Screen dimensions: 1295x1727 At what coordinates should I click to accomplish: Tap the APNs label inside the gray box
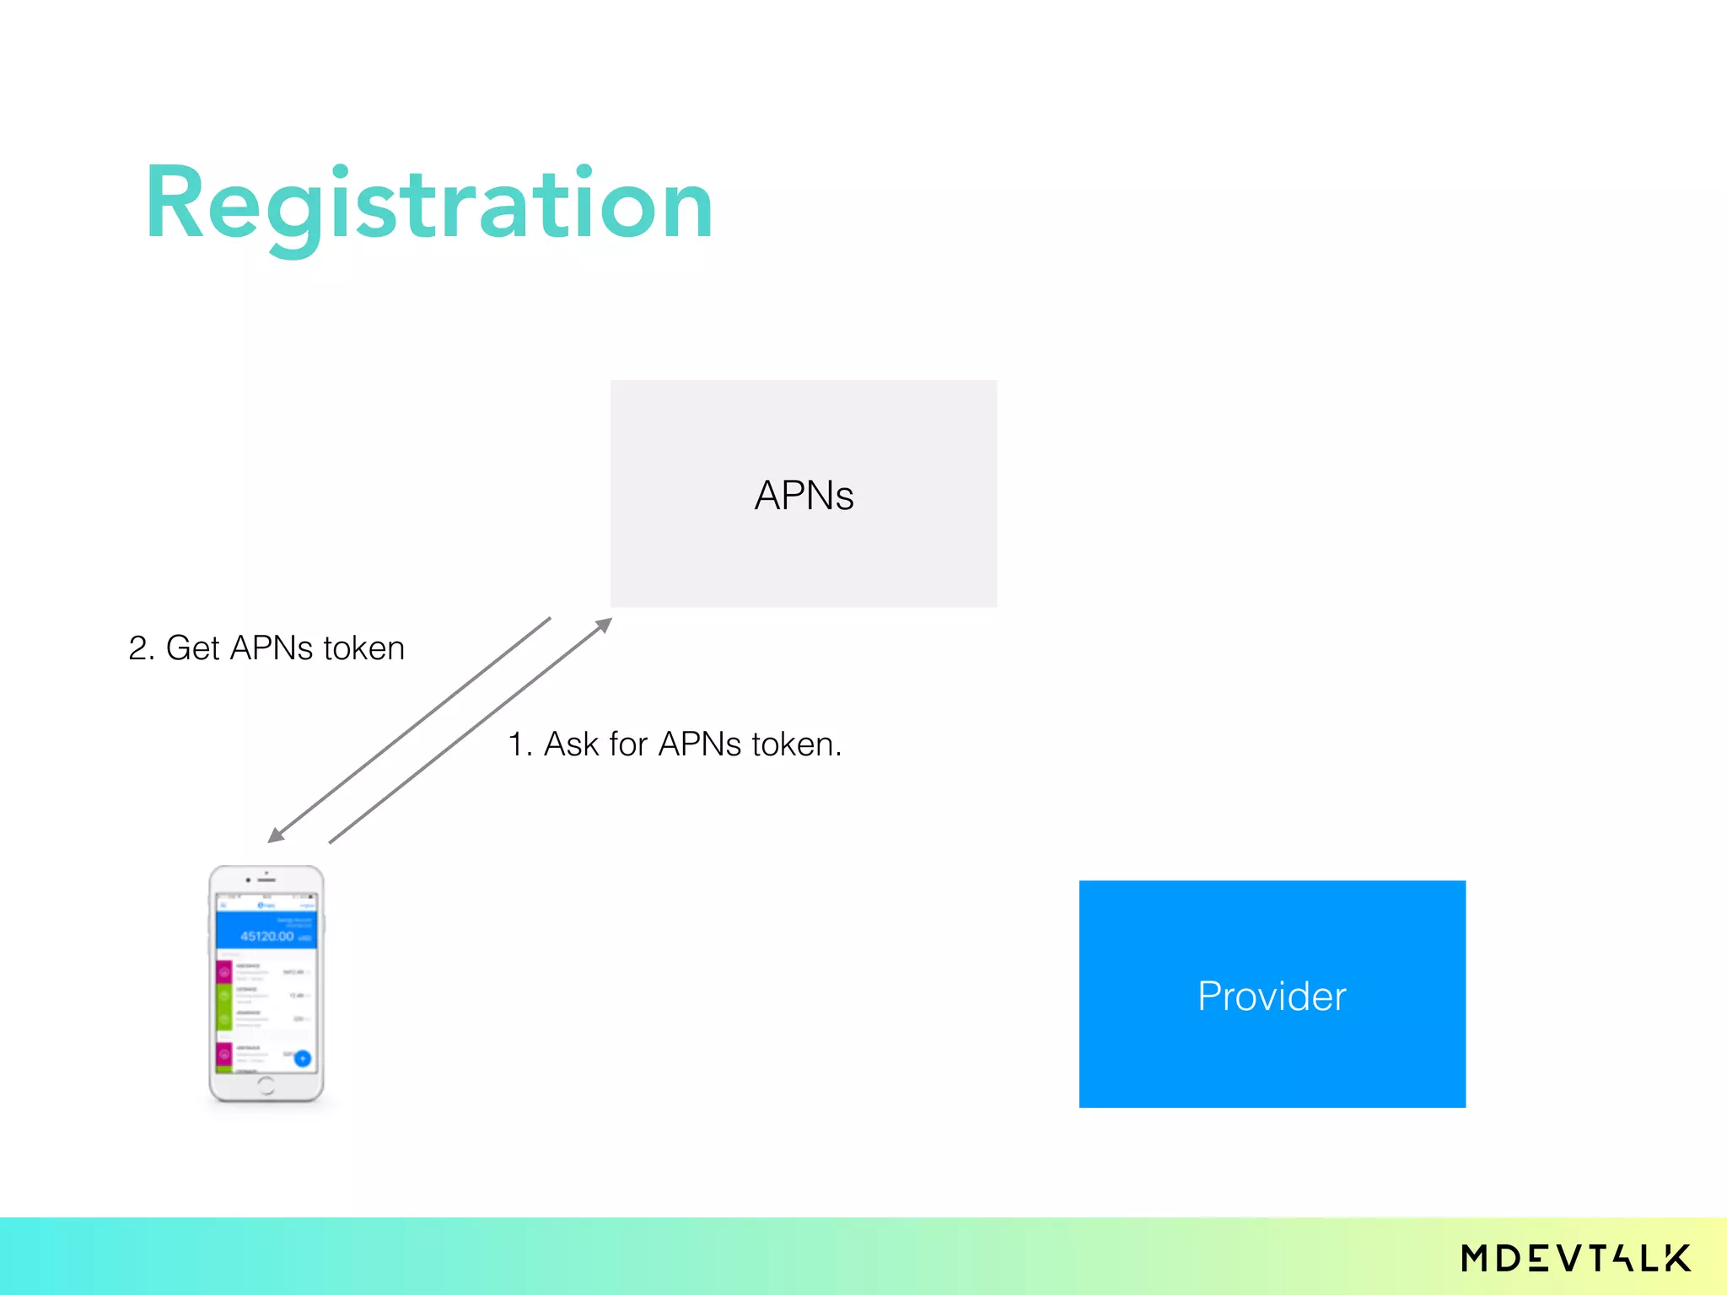pyautogui.click(x=804, y=495)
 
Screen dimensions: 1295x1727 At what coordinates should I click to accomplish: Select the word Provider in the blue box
pyautogui.click(x=1272, y=996)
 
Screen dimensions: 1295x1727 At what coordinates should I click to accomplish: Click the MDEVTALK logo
pyautogui.click(x=1575, y=1259)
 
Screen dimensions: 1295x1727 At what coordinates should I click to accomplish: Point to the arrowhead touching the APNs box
pyautogui.click(x=604, y=625)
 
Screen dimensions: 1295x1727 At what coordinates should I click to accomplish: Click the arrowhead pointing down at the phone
pyautogui.click(x=276, y=835)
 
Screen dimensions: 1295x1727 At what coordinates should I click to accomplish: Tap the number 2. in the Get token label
pyautogui.click(x=141, y=648)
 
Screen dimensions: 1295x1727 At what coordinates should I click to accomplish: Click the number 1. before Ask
pyautogui.click(x=519, y=744)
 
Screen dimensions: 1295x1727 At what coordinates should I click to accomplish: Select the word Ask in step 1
pyautogui.click(x=571, y=744)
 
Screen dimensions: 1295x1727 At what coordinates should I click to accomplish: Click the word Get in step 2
pyautogui.click(x=192, y=648)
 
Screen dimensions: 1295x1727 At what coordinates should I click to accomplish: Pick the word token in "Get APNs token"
pyautogui.click(x=364, y=648)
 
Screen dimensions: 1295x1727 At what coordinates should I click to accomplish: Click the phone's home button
pyautogui.click(x=266, y=1085)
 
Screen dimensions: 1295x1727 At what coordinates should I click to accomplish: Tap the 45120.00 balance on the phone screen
pyautogui.click(x=267, y=936)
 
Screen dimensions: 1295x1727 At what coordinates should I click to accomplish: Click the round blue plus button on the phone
pyautogui.click(x=303, y=1058)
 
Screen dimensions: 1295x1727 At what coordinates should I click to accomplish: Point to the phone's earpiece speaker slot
pyautogui.click(x=266, y=880)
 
